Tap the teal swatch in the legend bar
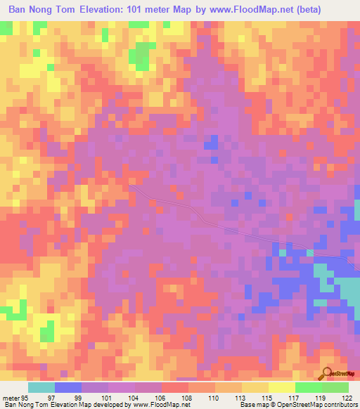pos(41,387)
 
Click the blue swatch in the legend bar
pos(68,387)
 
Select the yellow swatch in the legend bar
pos(255,387)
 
